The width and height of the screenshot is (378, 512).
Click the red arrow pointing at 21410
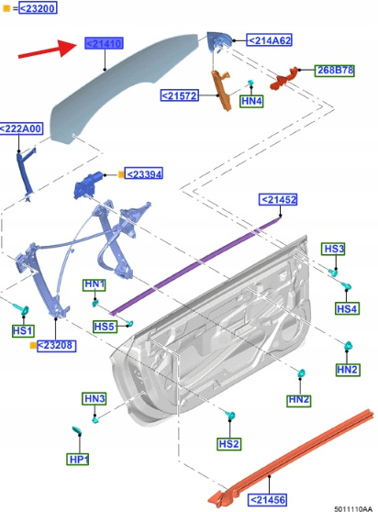48,50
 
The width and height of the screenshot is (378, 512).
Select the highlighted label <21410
104,43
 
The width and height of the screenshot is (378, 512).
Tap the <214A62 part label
269,40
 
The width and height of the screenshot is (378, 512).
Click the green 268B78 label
335,71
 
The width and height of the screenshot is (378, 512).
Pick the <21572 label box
180,95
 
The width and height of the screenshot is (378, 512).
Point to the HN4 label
251,101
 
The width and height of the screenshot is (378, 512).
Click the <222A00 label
21,128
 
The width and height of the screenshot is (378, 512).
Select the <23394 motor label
144,173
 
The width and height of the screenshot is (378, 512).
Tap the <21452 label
278,199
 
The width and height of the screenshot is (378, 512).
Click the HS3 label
333,249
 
